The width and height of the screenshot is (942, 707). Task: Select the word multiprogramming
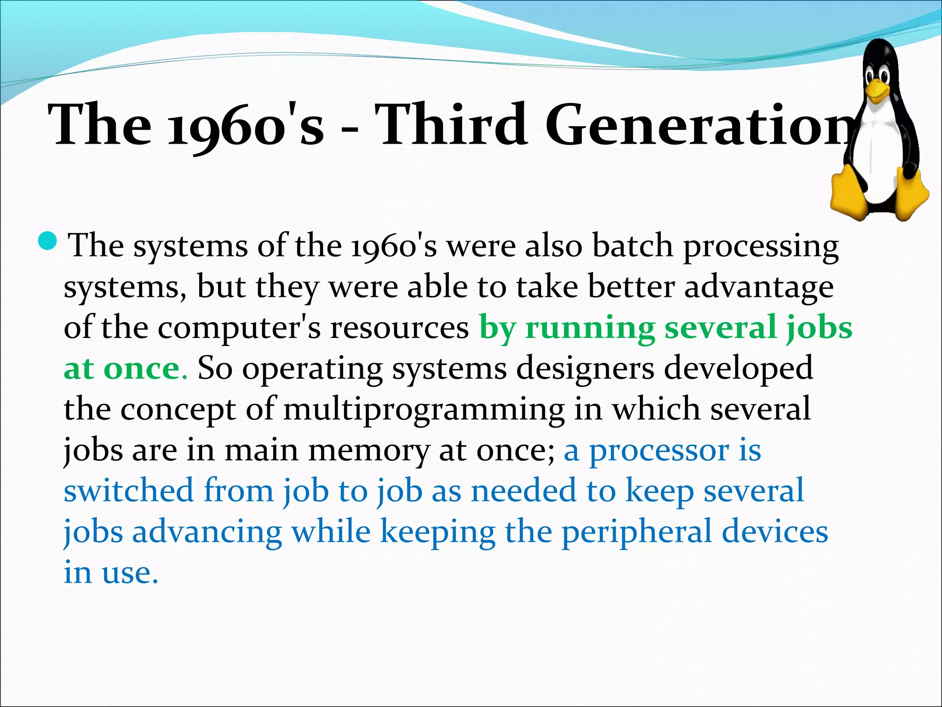click(424, 409)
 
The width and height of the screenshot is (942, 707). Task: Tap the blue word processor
click(659, 450)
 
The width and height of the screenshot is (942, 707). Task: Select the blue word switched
click(128, 490)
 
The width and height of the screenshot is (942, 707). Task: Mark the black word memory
click(368, 450)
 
